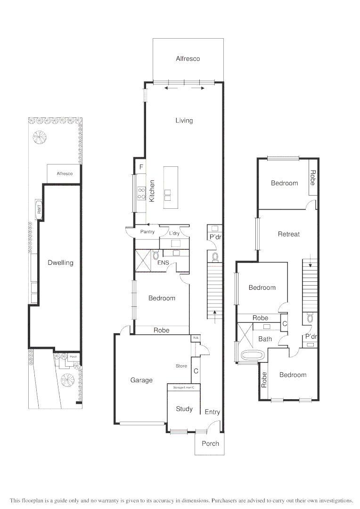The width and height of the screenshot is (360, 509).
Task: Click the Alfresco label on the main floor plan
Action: point(188,59)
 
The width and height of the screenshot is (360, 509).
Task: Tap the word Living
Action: point(184,121)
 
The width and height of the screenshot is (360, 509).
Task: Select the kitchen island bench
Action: point(171,187)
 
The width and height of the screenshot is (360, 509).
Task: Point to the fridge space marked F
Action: point(140,166)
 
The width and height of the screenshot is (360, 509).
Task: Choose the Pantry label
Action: point(147,232)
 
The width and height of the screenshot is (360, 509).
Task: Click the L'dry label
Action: point(174,233)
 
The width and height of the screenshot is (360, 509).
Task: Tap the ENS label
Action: point(163,263)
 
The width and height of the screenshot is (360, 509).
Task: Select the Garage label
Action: point(141,380)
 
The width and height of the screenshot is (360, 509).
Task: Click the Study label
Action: point(184,409)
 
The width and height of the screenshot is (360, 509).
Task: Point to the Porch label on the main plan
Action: point(210,443)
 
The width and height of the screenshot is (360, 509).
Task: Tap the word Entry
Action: point(212,412)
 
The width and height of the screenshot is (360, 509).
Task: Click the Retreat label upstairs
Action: point(288,234)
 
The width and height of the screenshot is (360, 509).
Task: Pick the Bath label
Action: point(265,339)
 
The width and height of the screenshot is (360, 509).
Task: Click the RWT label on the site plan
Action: point(39,209)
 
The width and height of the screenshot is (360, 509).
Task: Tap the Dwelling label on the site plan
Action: point(61,263)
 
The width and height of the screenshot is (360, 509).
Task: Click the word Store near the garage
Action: point(181,366)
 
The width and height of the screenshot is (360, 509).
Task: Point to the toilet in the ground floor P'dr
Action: point(215,256)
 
